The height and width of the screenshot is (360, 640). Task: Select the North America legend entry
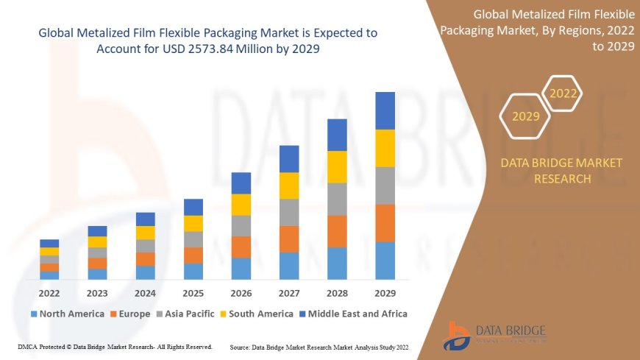coord(67,314)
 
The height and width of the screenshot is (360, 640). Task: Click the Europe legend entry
coord(132,314)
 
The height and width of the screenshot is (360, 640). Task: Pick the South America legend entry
coord(257,314)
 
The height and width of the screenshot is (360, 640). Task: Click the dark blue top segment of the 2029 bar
coord(385,110)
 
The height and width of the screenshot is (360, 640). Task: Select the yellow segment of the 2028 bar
coord(337,166)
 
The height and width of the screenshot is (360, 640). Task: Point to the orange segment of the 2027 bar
coord(289,239)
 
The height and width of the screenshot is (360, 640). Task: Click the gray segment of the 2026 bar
coord(241,225)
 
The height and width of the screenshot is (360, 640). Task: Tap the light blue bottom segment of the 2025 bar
coord(193,271)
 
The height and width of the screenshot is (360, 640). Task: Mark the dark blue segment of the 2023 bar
coord(97,231)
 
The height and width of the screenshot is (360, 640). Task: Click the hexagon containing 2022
coord(563,93)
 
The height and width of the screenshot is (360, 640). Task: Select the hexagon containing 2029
coord(525,116)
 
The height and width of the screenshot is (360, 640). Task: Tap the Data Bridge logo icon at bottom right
coord(458,335)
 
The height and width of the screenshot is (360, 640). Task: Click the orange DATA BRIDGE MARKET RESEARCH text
coord(561,170)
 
